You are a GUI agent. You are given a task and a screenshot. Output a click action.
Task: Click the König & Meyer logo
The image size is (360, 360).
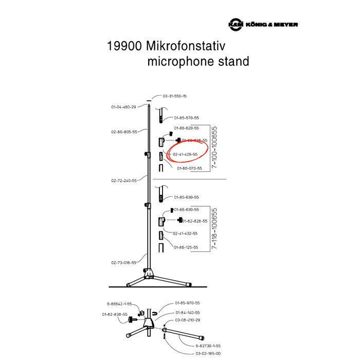click(263, 25)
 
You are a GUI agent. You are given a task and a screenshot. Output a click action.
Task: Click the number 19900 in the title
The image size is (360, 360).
click(124, 46)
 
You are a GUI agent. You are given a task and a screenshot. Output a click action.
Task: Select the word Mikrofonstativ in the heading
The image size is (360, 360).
click(197, 46)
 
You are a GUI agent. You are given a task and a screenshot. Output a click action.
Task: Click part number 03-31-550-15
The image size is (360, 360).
click(174, 96)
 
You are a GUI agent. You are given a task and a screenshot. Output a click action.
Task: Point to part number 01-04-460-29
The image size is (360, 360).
click(123, 107)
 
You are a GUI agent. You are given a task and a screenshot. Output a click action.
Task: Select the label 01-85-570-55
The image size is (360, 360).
click(186, 118)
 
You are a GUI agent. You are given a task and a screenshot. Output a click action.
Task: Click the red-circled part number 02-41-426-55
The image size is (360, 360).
click(185, 154)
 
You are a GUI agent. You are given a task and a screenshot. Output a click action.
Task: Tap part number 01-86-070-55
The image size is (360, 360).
click(189, 168)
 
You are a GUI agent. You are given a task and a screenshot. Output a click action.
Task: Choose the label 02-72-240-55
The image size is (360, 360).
click(124, 181)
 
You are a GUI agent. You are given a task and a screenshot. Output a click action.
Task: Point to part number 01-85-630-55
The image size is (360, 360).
click(186, 197)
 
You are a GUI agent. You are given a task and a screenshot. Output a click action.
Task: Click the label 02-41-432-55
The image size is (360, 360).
click(185, 233)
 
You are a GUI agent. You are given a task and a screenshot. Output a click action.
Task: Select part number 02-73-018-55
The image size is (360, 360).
click(123, 262)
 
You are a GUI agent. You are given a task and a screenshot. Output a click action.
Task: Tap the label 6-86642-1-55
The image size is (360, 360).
click(119, 303)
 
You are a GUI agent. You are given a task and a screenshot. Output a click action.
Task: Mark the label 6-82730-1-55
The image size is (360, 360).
click(208, 346)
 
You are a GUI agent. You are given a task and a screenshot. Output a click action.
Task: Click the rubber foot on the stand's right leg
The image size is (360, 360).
click(190, 283)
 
